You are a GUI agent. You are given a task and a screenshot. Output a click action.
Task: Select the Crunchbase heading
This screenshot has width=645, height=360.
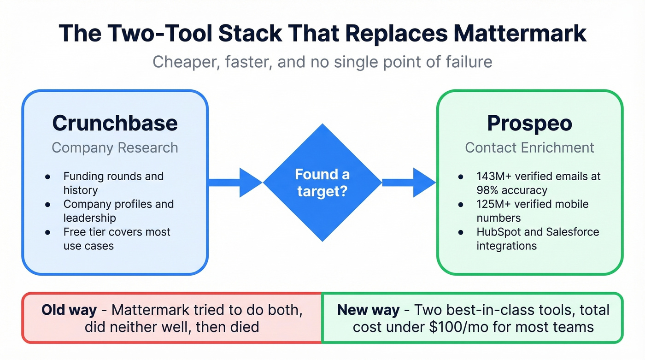pos(115,123)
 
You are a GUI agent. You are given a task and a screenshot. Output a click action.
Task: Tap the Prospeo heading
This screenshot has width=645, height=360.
pos(529,123)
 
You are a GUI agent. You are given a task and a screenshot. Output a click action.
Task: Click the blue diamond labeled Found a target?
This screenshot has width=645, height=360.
pos(322,182)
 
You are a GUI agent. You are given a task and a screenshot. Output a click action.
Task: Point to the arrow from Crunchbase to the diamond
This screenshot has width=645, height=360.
pos(235,182)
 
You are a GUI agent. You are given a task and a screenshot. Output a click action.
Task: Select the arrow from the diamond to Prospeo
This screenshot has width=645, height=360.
pos(408,182)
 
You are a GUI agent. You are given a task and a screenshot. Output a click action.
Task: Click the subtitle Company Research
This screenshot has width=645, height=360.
pos(115,148)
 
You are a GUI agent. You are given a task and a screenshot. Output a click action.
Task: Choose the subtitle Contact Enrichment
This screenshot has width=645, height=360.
pos(529,148)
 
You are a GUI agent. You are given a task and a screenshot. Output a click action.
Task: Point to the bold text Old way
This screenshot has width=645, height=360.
pos(69,310)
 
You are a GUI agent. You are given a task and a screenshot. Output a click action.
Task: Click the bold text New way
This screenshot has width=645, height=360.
pos(368,310)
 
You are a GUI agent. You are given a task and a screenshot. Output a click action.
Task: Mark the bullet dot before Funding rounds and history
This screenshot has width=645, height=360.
pos(48,177)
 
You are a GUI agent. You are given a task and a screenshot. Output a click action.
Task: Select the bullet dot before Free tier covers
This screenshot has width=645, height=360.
pos(48,232)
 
